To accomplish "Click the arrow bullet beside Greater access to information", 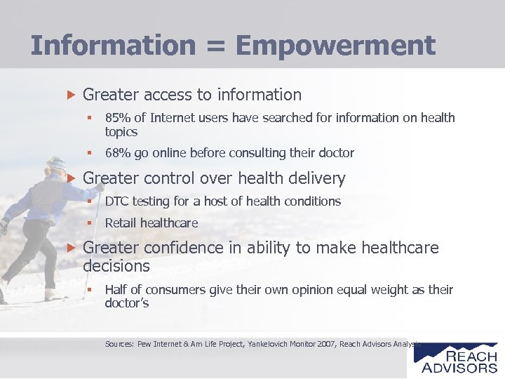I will (x=69, y=95).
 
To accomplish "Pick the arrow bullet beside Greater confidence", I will (x=69, y=248).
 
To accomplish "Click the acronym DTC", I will (x=117, y=201).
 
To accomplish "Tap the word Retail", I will (x=121, y=223).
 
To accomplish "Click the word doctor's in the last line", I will (x=127, y=303).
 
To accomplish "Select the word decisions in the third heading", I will (x=116, y=266).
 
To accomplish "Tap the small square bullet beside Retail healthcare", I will (x=90, y=223).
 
